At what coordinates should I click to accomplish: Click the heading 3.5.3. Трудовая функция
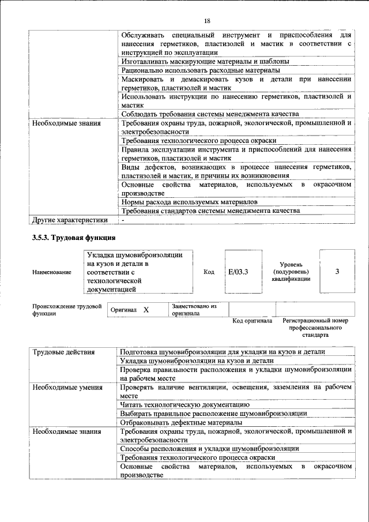(x=74, y=238)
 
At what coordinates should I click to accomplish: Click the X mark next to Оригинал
(x=146, y=310)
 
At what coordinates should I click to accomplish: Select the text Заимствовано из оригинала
(x=193, y=310)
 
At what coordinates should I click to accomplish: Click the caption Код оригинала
(x=252, y=321)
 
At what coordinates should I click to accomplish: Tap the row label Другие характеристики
(x=70, y=220)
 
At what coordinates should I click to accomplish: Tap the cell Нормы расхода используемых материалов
(x=189, y=202)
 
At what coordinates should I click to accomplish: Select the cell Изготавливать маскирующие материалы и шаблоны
(x=205, y=61)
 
